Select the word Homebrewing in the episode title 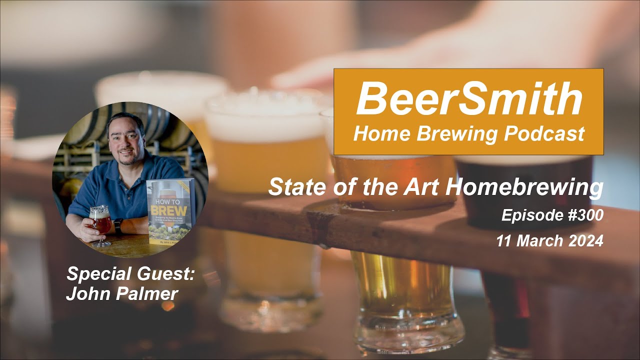click(524, 187)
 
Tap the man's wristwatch click(118, 226)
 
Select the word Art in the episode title click(424, 187)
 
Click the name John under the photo click(83, 293)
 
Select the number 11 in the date click(505, 240)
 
